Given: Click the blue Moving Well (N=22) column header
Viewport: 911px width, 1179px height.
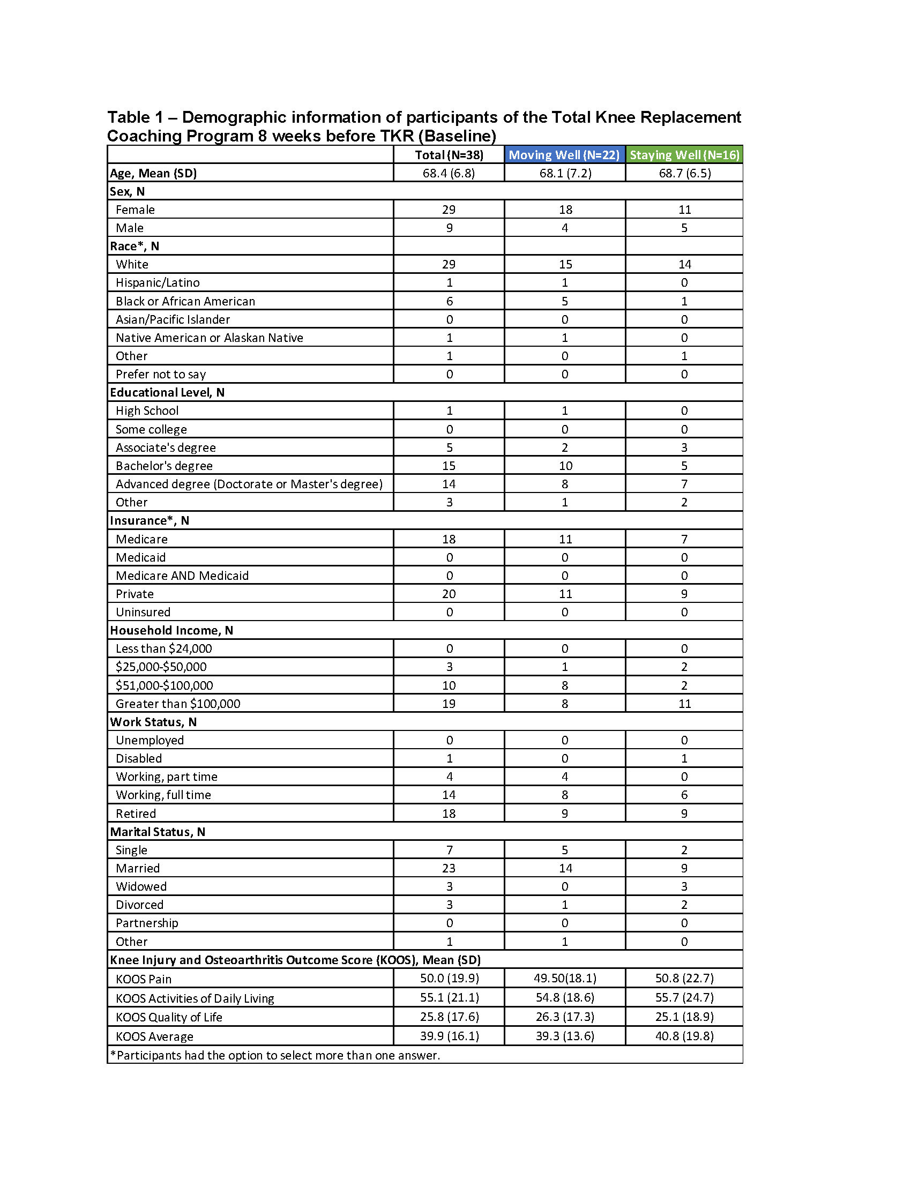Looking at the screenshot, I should click(x=564, y=155).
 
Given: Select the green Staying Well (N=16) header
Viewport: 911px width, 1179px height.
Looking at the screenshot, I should click(x=684, y=155).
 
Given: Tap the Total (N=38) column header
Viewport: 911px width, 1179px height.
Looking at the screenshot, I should click(x=449, y=155).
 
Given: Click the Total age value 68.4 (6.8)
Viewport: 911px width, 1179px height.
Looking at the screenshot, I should click(x=449, y=173).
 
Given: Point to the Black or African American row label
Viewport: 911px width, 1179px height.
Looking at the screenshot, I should click(x=185, y=301).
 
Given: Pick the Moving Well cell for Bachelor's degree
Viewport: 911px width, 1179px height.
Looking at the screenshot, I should click(x=565, y=466).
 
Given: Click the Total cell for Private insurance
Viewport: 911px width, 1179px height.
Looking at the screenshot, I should click(x=449, y=594).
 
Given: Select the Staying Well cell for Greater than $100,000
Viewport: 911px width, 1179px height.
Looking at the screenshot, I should click(x=684, y=704).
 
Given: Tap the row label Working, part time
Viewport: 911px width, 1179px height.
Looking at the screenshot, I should click(x=166, y=777).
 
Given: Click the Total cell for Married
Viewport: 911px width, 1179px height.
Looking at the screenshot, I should click(x=449, y=868).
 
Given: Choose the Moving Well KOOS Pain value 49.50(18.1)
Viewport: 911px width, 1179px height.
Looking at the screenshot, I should click(x=565, y=978).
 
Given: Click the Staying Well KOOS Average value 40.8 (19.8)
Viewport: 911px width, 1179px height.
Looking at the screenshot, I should click(x=684, y=1036).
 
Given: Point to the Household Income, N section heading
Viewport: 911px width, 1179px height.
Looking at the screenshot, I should click(x=171, y=631).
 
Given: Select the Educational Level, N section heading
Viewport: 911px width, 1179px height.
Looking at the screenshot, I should click(x=167, y=392).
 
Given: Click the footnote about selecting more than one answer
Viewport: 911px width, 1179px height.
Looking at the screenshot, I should click(x=275, y=1055).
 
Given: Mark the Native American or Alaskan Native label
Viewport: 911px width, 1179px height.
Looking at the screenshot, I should click(x=210, y=338).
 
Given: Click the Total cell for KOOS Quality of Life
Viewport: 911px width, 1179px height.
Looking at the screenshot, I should click(x=449, y=1017).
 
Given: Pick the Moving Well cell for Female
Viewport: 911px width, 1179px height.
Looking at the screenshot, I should click(x=565, y=210).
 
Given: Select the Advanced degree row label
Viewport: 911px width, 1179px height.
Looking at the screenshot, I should click(x=249, y=484).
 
